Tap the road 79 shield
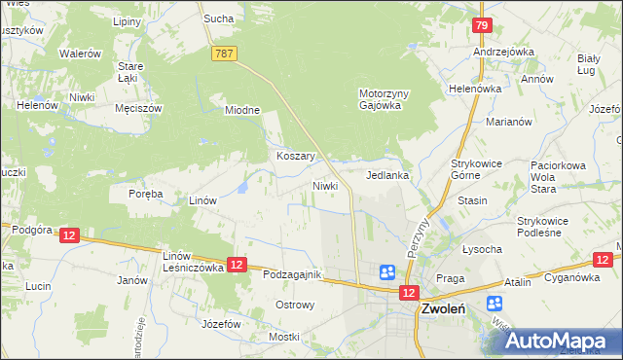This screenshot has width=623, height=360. click(481, 25)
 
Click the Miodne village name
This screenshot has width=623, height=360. click(242, 110)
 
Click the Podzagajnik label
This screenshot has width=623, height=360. click(292, 275)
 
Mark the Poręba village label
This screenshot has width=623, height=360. click(146, 194)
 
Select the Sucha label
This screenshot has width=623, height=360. click(216, 18)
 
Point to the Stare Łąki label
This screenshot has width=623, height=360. click(130, 72)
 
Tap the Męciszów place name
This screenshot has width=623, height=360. click(136, 108)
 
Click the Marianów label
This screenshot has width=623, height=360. click(508, 122)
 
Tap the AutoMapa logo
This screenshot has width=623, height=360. click(557, 340)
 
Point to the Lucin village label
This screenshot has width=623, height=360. click(38, 286)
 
